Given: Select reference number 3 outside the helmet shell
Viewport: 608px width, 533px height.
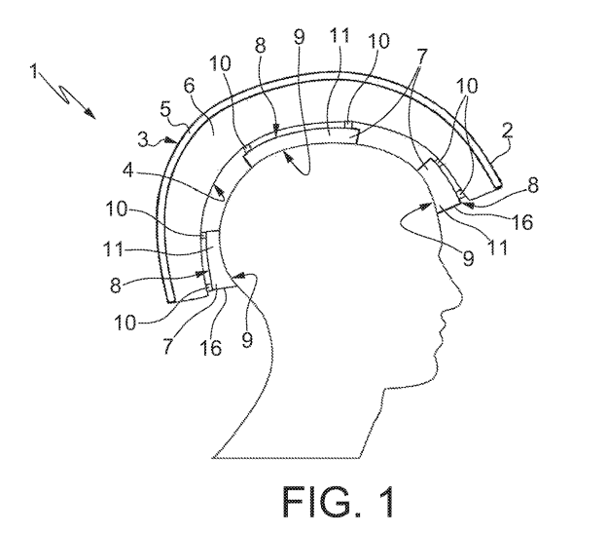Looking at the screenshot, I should pyautogui.click(x=143, y=140).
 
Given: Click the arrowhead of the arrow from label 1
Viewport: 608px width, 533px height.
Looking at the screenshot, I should pyautogui.click(x=93, y=115).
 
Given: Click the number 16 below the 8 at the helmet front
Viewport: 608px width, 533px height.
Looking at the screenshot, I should pyautogui.click(x=521, y=222).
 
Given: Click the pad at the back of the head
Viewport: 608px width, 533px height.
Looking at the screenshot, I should pyautogui.click(x=208, y=261).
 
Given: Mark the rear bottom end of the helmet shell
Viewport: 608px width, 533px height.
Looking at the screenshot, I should pyautogui.click(x=174, y=300).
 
